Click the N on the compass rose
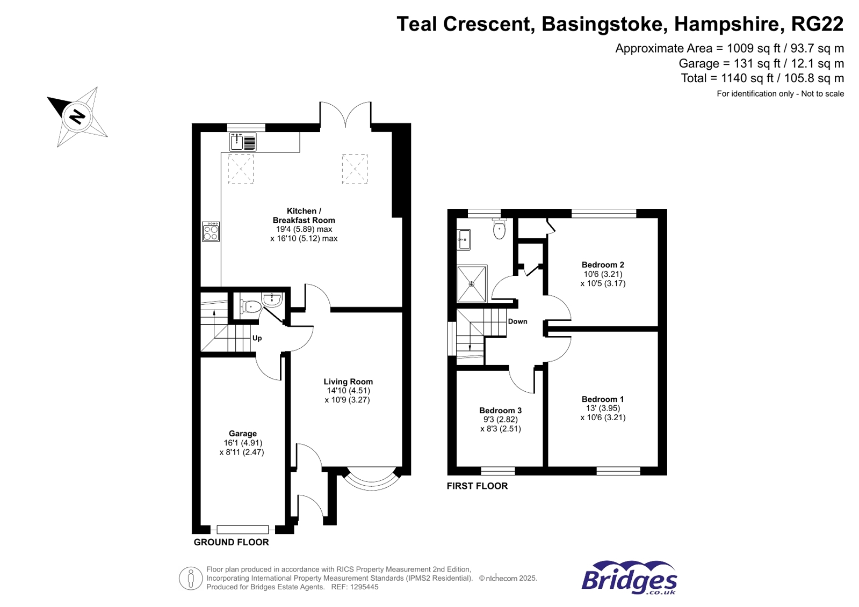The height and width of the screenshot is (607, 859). (x=78, y=116)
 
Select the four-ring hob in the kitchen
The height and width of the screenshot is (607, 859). (x=211, y=232)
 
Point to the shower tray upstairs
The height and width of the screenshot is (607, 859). (x=472, y=283)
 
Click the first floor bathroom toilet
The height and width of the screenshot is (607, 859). (x=500, y=230)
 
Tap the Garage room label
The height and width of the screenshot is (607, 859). (x=243, y=434)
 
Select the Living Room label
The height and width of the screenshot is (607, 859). (x=348, y=382)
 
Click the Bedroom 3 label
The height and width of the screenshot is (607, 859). (x=500, y=411)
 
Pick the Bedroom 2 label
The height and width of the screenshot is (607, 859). (x=603, y=265)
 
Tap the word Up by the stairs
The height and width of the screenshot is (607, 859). (x=257, y=338)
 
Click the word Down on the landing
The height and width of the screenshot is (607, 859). (x=517, y=321)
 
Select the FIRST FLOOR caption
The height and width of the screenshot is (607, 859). (x=477, y=486)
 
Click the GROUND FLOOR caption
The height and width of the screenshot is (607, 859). (x=231, y=543)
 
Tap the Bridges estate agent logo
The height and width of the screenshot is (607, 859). (x=629, y=578)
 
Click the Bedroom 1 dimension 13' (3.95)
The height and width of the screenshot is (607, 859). (x=603, y=408)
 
